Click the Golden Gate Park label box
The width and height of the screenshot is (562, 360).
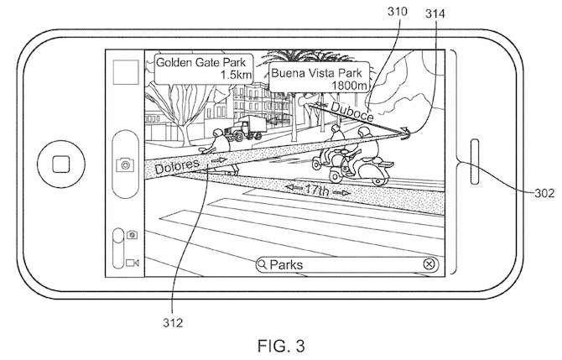[204, 69]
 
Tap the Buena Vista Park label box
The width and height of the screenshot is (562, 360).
[320, 77]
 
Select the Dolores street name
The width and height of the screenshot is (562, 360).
[177, 166]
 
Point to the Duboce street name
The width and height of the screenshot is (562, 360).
[352, 111]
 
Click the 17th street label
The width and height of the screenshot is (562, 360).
[316, 190]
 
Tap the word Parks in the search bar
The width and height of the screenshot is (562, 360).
[286, 265]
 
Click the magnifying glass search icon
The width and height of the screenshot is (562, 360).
[263, 264]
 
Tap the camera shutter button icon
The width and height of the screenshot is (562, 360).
[125, 165]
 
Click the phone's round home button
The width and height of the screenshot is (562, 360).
[61, 164]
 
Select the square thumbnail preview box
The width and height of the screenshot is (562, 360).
[126, 72]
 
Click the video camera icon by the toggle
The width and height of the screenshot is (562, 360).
[133, 263]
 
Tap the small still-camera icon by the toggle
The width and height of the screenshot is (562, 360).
[132, 234]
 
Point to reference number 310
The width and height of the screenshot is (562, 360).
[397, 12]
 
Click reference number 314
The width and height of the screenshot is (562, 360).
[435, 13]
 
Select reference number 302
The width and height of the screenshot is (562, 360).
[544, 193]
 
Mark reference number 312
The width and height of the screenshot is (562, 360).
[173, 323]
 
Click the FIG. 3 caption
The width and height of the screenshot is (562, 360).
[281, 346]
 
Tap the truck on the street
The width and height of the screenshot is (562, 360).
[246, 128]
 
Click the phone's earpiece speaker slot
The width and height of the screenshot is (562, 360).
[475, 162]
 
